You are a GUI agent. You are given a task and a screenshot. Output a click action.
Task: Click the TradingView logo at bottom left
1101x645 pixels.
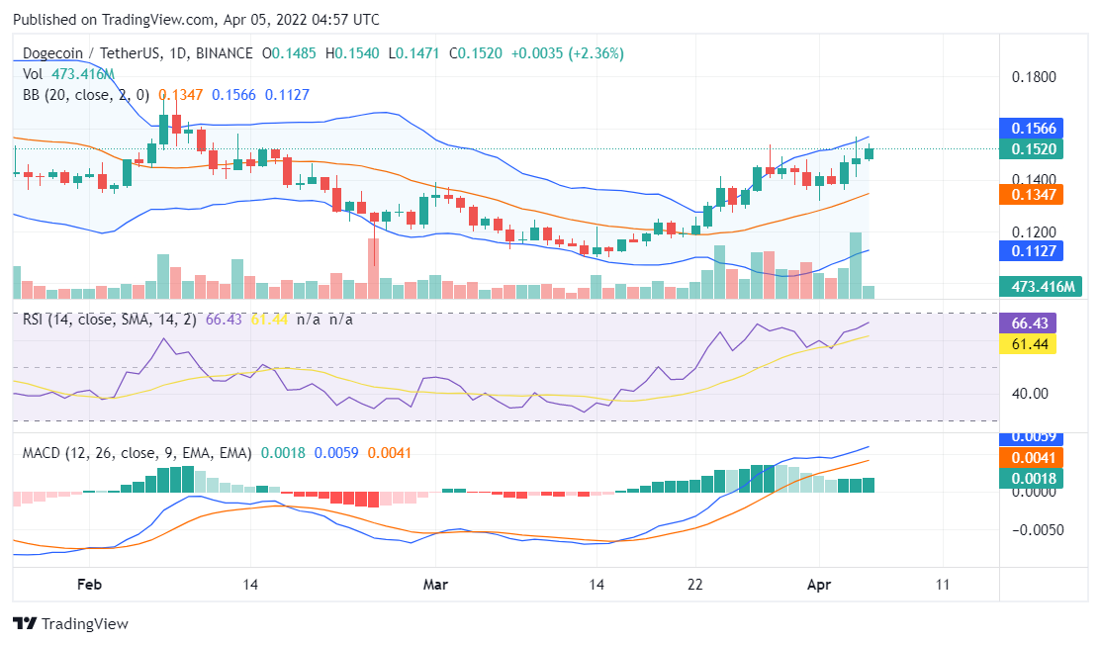(70, 624)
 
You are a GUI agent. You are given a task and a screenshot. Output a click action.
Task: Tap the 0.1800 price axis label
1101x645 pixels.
(1035, 77)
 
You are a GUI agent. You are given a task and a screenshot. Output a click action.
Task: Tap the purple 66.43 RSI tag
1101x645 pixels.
(1030, 323)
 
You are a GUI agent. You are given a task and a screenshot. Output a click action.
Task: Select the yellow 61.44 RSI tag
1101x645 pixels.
(1030, 343)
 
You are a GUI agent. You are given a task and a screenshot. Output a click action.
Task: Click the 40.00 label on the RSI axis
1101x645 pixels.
(1030, 393)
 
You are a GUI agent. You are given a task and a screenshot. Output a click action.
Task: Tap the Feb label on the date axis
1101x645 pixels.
(89, 585)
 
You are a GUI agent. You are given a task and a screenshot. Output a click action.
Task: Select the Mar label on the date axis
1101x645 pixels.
(435, 585)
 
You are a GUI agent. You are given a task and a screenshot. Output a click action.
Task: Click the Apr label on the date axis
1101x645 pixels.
(819, 585)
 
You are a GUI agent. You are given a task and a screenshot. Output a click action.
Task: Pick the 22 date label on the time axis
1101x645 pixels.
(695, 585)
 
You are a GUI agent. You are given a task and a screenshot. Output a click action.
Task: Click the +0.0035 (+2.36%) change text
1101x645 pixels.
(567, 53)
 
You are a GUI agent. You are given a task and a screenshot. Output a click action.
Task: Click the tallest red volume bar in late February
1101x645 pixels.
(373, 268)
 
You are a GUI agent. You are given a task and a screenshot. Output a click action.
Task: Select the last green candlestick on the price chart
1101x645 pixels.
(869, 152)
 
